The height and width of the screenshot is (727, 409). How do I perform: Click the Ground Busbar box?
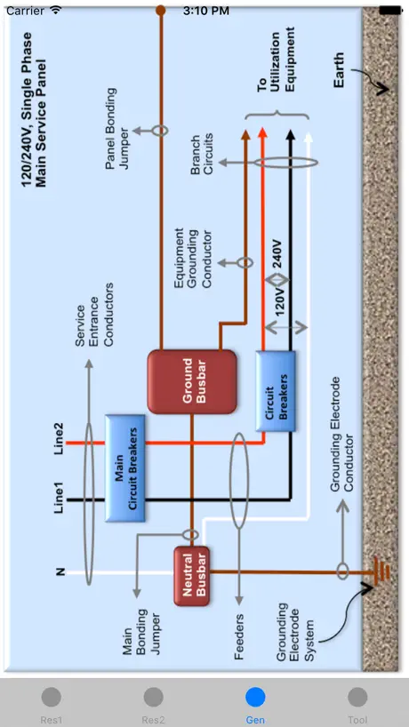[192, 381]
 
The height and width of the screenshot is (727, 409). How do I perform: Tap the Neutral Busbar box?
[191, 576]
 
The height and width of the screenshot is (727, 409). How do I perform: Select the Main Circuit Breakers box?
[125, 468]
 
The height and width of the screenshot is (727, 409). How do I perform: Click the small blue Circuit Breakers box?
[276, 391]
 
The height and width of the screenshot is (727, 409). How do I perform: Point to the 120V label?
[280, 302]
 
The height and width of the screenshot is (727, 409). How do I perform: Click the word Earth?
[339, 70]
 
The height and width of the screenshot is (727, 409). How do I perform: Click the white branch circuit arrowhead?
[308, 137]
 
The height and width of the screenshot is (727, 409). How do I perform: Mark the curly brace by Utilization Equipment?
[277, 116]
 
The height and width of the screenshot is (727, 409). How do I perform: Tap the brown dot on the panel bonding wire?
[160, 10]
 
